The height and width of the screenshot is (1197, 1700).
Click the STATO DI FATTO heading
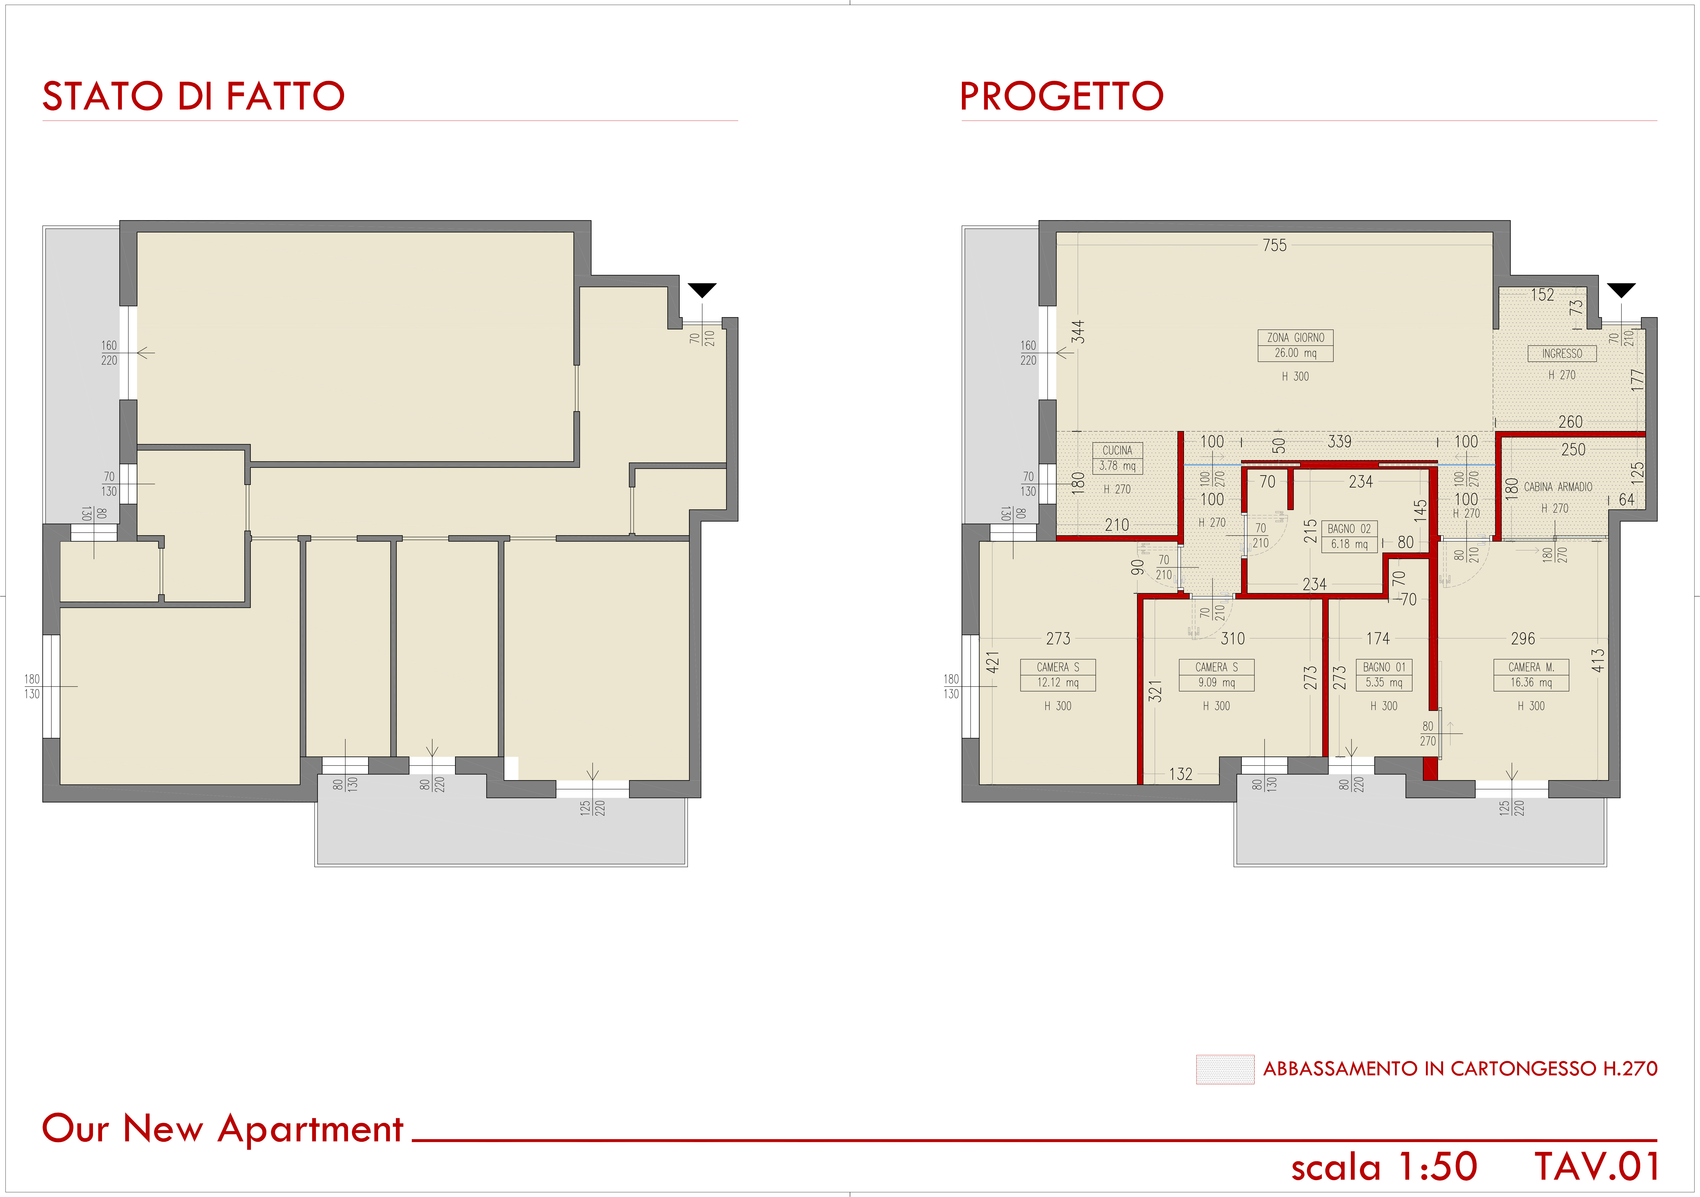pyautogui.click(x=193, y=96)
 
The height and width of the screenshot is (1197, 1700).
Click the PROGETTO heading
pyautogui.click(x=1062, y=96)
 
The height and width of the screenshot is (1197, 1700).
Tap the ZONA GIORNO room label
pyautogui.click(x=1296, y=338)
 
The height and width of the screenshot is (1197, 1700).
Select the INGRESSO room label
pyautogui.click(x=1562, y=354)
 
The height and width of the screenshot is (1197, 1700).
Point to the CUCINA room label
pyautogui.click(x=1117, y=450)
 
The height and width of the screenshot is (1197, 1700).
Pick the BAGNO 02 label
pyautogui.click(x=1349, y=529)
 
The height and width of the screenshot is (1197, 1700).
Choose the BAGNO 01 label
pyautogui.click(x=1384, y=667)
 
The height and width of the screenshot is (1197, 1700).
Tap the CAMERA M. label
pyautogui.click(x=1531, y=667)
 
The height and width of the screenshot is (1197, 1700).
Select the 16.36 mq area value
pyautogui.click(x=1531, y=683)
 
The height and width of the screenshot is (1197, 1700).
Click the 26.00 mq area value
pyautogui.click(x=1296, y=353)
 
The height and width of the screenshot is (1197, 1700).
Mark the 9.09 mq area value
pyautogui.click(x=1217, y=683)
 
